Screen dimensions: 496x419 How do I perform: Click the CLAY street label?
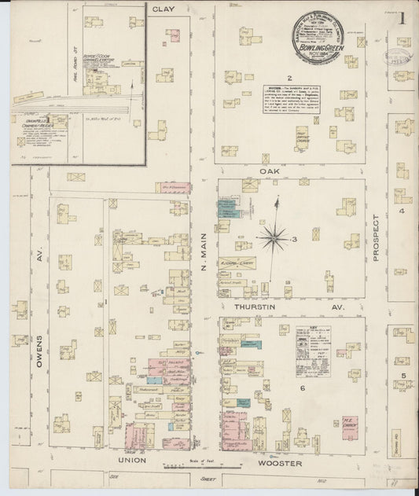163,9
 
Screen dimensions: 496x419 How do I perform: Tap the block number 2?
289,77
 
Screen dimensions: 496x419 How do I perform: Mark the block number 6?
301,388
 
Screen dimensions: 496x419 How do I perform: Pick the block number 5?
402,377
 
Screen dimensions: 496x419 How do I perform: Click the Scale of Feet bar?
179,466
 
